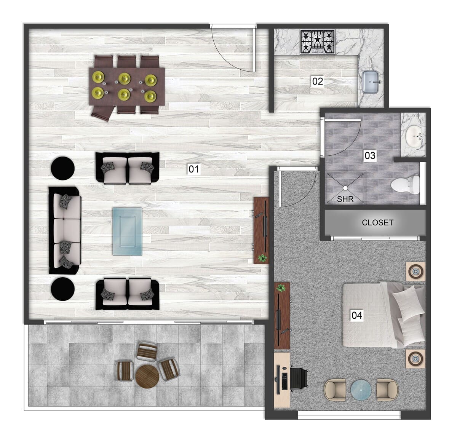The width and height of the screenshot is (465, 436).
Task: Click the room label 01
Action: tap(194, 169)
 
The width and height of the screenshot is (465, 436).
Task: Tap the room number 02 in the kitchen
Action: tap(317, 81)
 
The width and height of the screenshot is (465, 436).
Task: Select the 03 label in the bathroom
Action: tap(370, 155)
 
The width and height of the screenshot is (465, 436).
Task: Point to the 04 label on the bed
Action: tap(357, 315)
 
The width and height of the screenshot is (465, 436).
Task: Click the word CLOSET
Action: tap(377, 223)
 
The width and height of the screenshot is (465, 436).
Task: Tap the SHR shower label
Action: tap(345, 199)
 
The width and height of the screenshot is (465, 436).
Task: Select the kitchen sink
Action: tap(370, 81)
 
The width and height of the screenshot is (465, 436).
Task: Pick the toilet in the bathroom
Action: tap(404, 185)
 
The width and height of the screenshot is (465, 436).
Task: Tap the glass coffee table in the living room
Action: tap(127, 232)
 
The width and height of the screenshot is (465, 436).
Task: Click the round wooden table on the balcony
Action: tap(147, 377)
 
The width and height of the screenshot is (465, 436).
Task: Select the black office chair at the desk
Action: tap(299, 379)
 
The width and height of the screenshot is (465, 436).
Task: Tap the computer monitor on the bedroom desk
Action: tap(279, 379)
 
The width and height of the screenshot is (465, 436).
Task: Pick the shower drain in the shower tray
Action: tap(345, 187)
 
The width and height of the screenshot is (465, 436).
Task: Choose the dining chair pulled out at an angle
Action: tap(103, 112)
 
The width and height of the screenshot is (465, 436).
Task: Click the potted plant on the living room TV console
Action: tap(262, 258)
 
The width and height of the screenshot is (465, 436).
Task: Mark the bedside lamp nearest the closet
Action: tap(415, 272)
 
